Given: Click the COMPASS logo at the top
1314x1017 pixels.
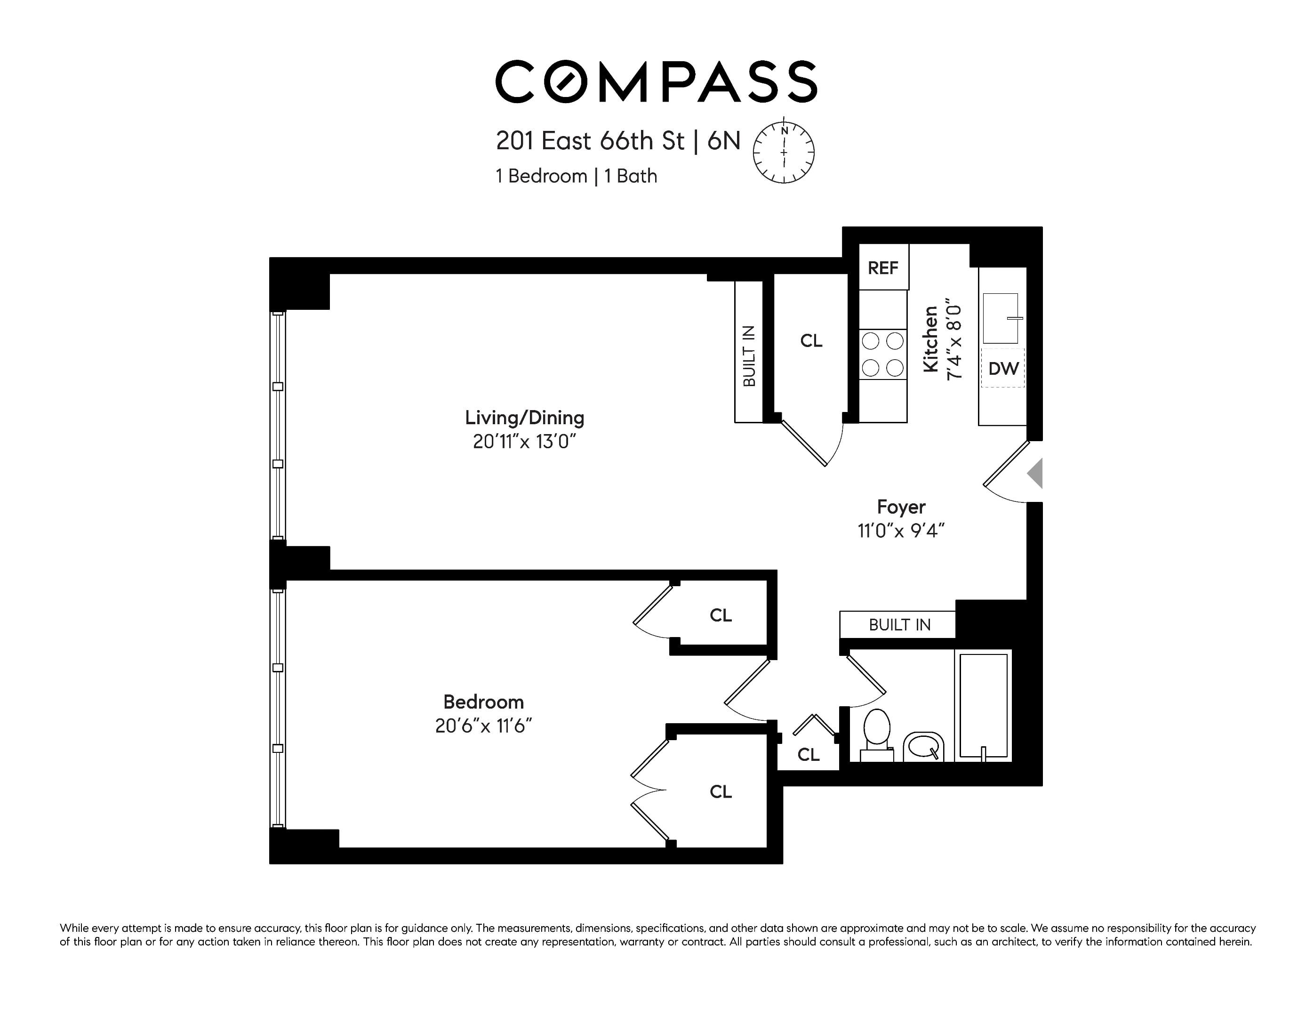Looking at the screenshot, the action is pos(656,81).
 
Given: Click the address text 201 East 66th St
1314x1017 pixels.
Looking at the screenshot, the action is pos(590,141).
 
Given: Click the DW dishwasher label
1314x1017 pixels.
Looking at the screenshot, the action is pos(1003,368).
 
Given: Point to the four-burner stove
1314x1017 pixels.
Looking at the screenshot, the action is pos(882,355).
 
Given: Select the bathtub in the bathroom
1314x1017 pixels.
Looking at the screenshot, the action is pos(984,706).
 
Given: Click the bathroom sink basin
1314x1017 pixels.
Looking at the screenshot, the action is pos(923,747).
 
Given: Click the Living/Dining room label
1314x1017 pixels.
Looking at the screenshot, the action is pos(525,418).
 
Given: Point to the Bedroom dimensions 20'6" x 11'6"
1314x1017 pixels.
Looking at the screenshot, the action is pos(484,726).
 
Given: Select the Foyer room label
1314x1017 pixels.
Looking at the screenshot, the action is pos(901,507).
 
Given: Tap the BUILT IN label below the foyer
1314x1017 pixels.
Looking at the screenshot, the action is pos(899,625).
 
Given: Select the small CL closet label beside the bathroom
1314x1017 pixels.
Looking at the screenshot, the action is pos(809,755).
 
